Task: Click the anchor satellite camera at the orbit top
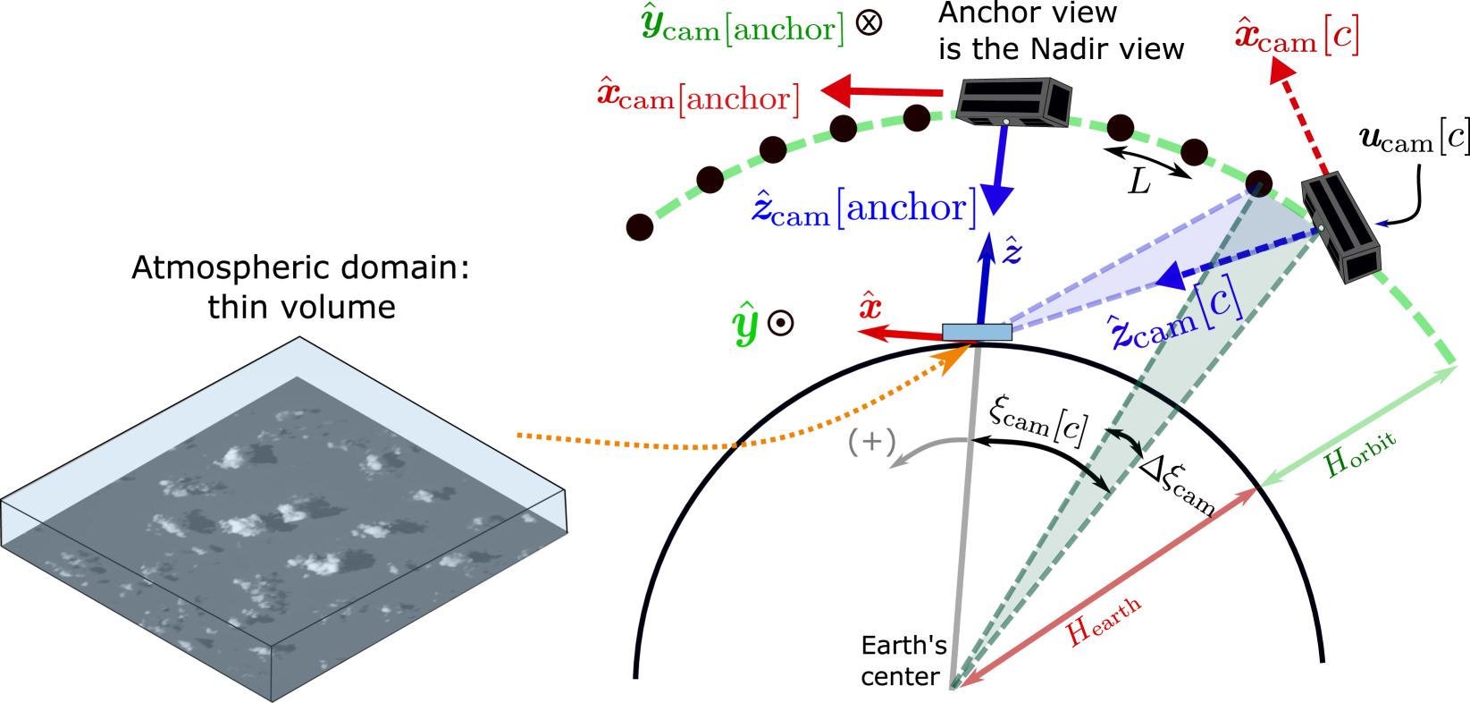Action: (x=1014, y=101)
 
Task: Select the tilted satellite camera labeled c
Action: (x=1340, y=227)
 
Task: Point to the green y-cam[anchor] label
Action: (x=743, y=28)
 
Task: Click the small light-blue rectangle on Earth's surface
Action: (x=977, y=333)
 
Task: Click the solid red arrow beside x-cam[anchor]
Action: (x=880, y=91)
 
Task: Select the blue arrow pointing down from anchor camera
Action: (x=997, y=171)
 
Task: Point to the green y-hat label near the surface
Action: (x=745, y=323)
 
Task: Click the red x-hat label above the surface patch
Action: (x=870, y=306)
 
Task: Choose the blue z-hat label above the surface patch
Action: (x=1012, y=251)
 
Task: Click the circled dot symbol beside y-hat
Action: (x=780, y=323)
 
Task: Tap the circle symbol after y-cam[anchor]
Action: (x=869, y=22)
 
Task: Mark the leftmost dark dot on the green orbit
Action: (x=640, y=226)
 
